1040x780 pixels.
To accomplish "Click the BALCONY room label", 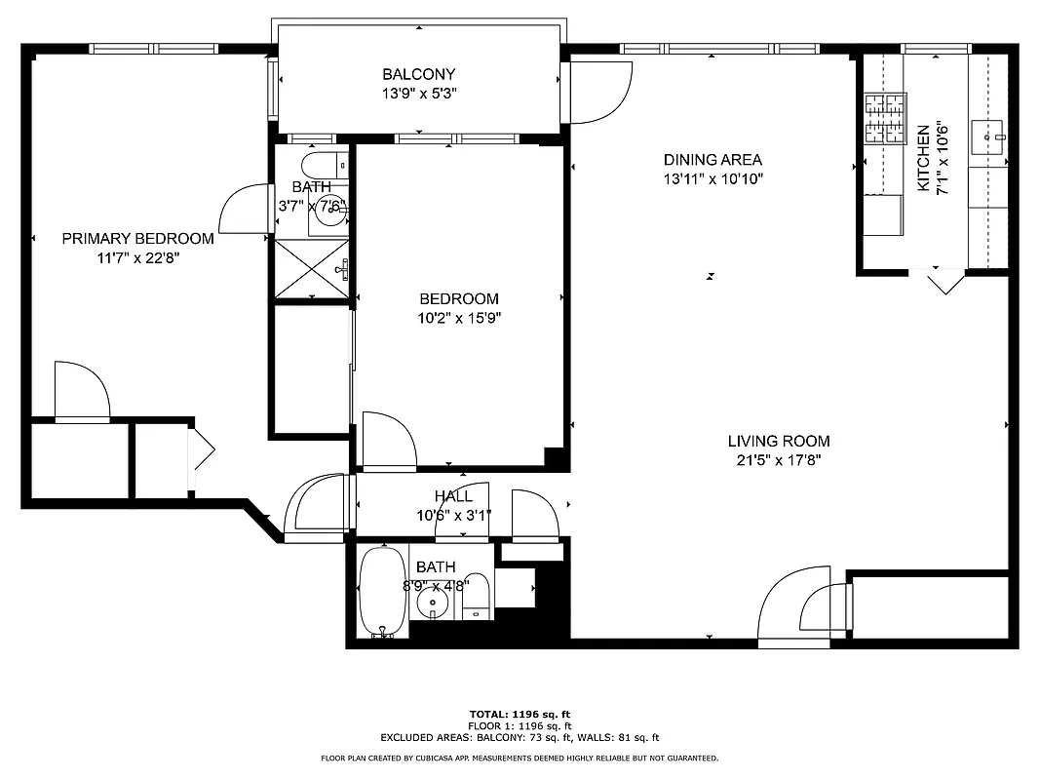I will tap(418, 74).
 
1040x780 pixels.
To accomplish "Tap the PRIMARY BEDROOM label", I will tap(137, 239).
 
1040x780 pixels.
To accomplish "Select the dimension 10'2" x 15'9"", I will tap(459, 318).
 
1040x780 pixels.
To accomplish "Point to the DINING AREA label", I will tap(713, 160).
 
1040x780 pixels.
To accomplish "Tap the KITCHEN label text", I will tap(923, 158).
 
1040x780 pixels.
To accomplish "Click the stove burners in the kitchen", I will tap(884, 117).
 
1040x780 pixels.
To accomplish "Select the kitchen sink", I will tap(992, 137).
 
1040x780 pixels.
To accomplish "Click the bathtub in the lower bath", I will tap(382, 591).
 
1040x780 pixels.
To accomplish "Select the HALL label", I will tap(453, 496).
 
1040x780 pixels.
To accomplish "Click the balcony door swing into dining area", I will tap(597, 93).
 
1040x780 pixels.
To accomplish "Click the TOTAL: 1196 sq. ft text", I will tap(520, 714).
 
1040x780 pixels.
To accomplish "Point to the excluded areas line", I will tap(520, 738).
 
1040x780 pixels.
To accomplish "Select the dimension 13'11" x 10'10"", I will tap(713, 179).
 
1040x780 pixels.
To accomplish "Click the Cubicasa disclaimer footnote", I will tap(520, 758).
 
